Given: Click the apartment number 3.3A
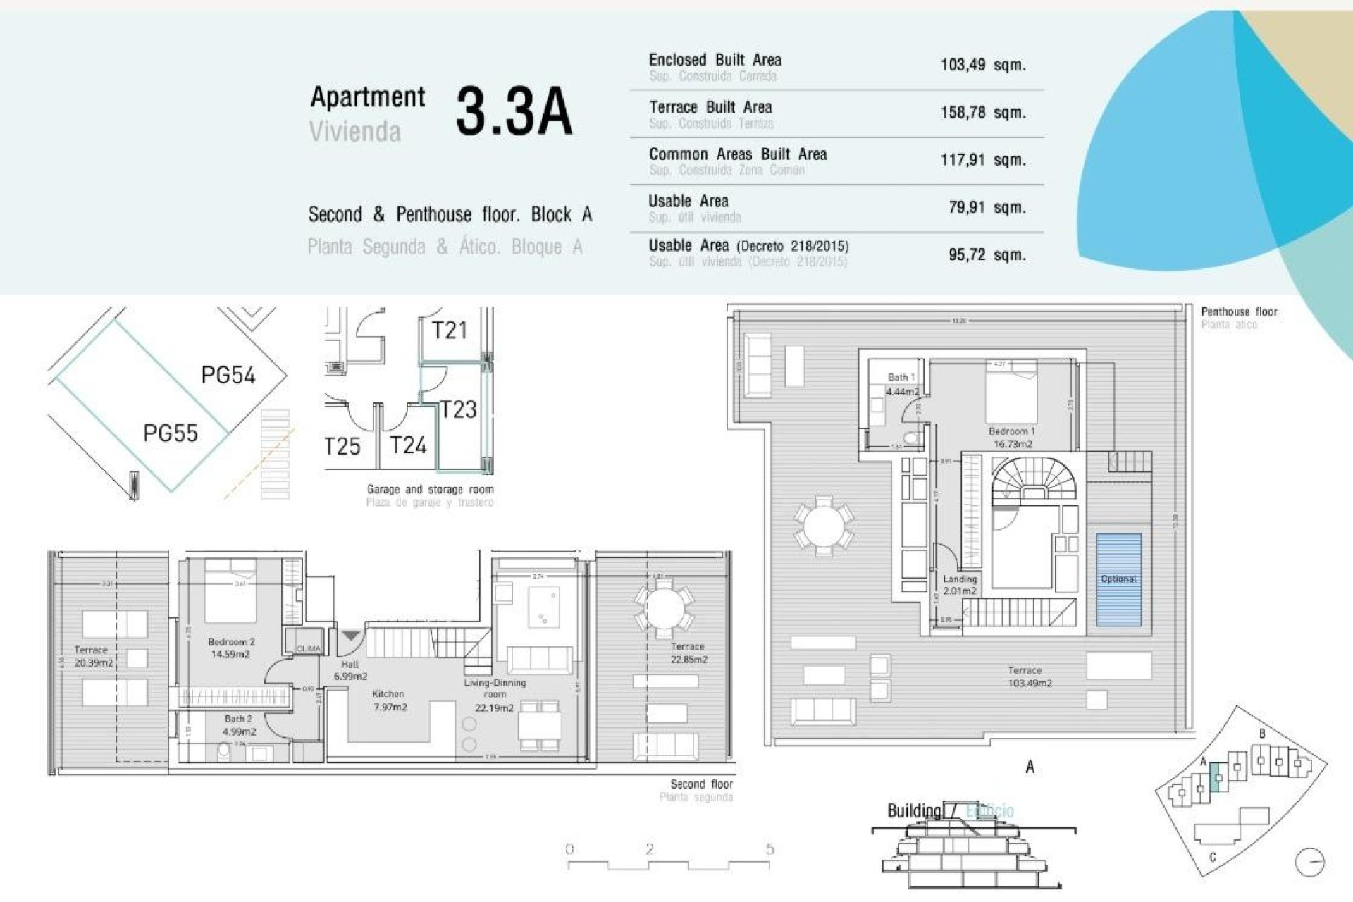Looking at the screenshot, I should click(514, 111).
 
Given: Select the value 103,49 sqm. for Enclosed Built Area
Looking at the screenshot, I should click(982, 65).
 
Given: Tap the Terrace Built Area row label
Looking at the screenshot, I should click(710, 107).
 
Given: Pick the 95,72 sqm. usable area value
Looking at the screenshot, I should click(986, 254).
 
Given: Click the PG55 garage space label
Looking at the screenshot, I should click(170, 433).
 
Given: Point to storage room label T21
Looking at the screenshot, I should click(450, 330).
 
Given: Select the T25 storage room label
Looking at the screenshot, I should click(342, 446).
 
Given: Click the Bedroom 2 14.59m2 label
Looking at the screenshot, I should click(230, 648).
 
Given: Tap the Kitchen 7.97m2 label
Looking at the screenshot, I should click(389, 700).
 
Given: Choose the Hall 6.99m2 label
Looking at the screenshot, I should click(350, 670).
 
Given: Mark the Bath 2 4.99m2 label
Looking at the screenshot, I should click(238, 725).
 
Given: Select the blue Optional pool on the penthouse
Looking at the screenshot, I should click(1118, 579).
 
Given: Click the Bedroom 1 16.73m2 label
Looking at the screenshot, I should click(1012, 437).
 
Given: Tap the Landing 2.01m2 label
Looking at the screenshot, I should click(960, 585).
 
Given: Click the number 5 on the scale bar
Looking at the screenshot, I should click(770, 849).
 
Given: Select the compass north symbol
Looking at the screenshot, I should click(1309, 861).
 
